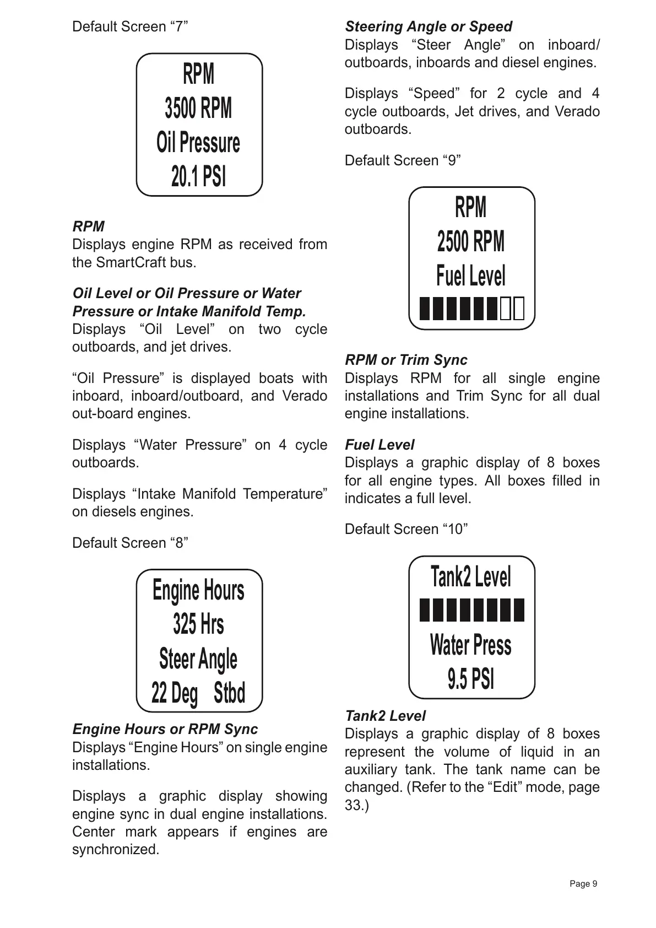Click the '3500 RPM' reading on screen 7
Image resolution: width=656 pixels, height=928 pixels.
pyautogui.click(x=198, y=108)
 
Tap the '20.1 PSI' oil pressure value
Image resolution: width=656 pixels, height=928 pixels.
pyautogui.click(x=198, y=177)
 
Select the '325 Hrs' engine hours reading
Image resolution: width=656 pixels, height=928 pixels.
pyautogui.click(x=198, y=624)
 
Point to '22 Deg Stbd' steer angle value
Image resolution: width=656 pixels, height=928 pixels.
pyautogui.click(x=198, y=693)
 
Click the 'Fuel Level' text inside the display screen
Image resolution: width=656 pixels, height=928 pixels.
pyautogui.click(x=471, y=276)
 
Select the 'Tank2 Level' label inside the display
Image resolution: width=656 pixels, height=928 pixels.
pyautogui.click(x=471, y=577)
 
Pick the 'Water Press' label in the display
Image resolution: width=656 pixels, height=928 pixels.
pyautogui.click(x=471, y=645)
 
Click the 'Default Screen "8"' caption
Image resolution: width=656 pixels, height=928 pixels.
pyautogui.click(x=130, y=543)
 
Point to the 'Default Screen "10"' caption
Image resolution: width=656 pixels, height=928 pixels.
pyautogui.click(x=406, y=529)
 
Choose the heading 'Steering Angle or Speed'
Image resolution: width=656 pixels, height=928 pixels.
pyautogui.click(x=428, y=26)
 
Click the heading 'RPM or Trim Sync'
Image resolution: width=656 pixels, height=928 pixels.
pyautogui.click(x=406, y=360)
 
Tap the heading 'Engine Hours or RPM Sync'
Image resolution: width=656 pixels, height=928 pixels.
pyautogui.click(x=165, y=729)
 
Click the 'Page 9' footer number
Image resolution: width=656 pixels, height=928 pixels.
pyautogui.click(x=583, y=884)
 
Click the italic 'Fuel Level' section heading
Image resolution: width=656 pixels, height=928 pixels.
pyautogui.click(x=379, y=445)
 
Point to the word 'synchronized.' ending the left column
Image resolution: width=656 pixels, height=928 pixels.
pyautogui.click(x=116, y=849)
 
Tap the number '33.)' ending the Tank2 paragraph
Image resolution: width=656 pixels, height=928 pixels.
pyautogui.click(x=356, y=805)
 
